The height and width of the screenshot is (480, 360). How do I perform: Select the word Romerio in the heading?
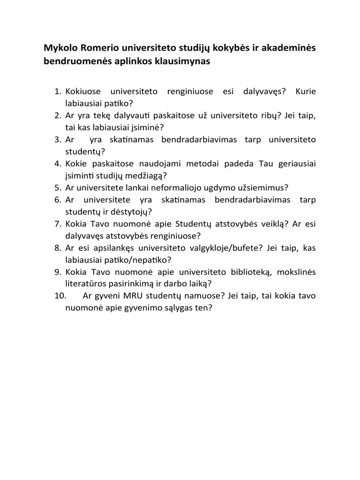[99, 48]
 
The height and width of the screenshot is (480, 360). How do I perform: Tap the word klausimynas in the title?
[180, 61]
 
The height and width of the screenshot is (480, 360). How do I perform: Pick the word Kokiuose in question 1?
[82, 90]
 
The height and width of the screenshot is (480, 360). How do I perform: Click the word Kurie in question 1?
[306, 90]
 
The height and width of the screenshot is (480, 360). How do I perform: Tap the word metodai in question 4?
[193, 164]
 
